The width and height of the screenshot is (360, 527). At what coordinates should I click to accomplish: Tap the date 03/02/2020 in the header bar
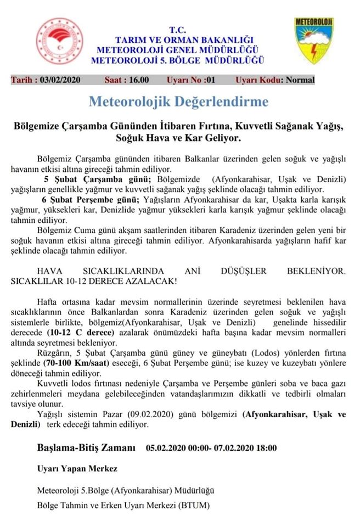point(60,80)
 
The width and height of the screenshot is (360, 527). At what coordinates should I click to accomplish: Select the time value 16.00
point(138,80)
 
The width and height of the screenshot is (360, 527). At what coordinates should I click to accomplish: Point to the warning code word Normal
point(300,80)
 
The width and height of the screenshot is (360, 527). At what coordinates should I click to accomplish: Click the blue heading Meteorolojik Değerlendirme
point(179,102)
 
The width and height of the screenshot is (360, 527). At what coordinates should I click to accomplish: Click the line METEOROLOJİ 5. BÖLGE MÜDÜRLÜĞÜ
point(178,59)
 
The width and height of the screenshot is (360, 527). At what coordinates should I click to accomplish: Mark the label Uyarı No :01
point(190,80)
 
